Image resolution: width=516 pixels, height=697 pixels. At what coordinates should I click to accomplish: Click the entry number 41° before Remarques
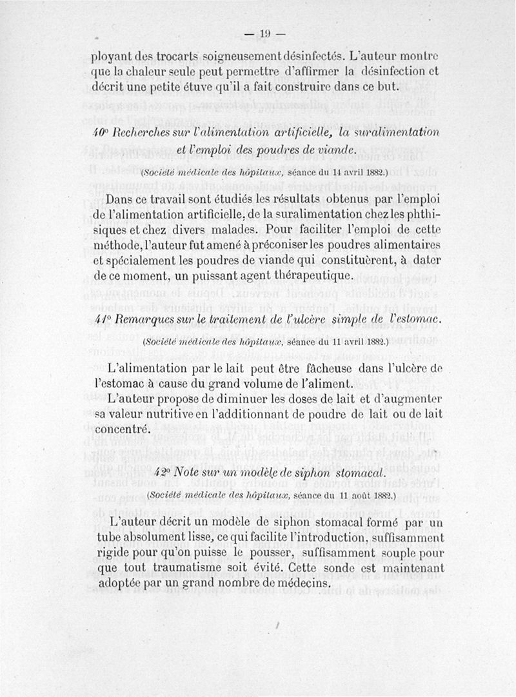[101, 319]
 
